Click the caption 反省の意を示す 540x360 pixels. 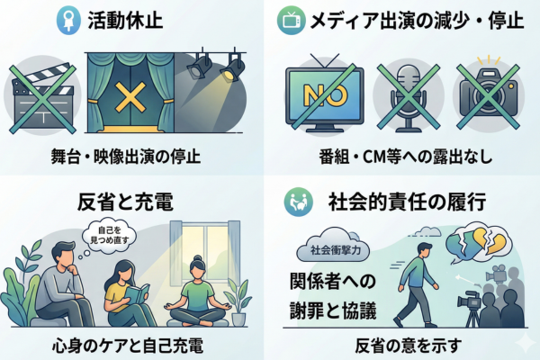404,345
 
